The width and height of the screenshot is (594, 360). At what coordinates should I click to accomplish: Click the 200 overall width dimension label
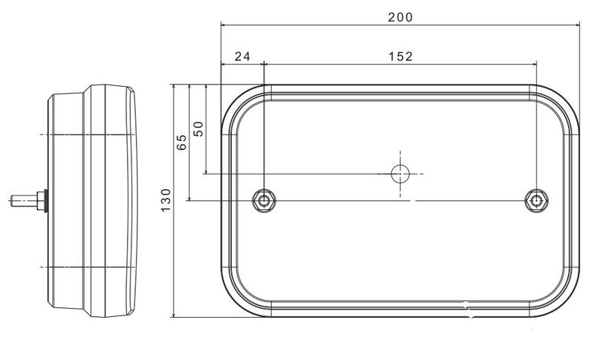pyautogui.click(x=400, y=17)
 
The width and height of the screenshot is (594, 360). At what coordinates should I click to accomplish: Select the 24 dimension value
pyautogui.click(x=243, y=56)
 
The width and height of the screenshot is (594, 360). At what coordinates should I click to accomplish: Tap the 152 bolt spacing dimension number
pyautogui.click(x=400, y=56)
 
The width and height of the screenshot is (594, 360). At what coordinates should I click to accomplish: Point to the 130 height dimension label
pyautogui.click(x=166, y=200)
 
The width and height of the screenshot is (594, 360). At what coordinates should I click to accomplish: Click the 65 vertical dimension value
pyautogui.click(x=182, y=142)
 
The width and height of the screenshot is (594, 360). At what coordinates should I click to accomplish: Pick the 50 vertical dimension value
pyautogui.click(x=198, y=128)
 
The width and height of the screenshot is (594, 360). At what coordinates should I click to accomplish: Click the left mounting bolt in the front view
pyautogui.click(x=264, y=200)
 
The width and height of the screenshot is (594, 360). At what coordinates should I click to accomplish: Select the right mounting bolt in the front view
pyautogui.click(x=536, y=200)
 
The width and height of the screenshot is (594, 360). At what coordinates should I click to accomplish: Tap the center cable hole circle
pyautogui.click(x=400, y=174)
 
